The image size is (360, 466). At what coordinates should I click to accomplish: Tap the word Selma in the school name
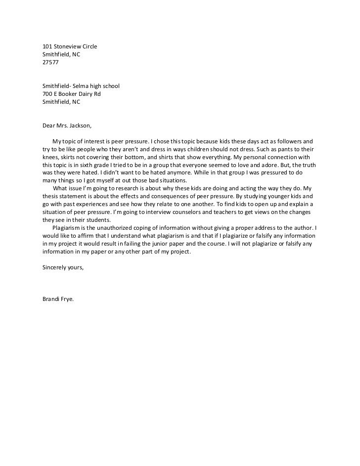coord(81,86)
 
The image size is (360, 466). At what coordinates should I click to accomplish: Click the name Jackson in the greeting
coord(79,126)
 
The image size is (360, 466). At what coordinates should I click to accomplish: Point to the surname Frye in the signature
coord(68,299)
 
